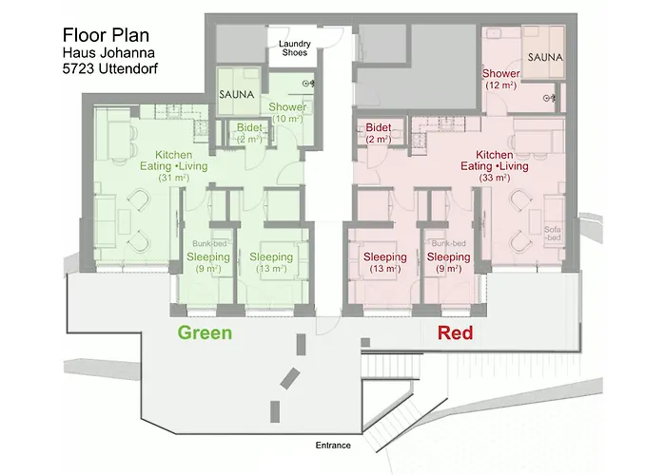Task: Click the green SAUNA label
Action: (234, 95)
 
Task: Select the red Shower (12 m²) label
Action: (500, 79)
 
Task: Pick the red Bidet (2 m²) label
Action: (378, 133)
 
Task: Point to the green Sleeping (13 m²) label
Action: (271, 262)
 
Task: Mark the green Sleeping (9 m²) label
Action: (208, 262)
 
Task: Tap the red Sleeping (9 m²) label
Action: (448, 262)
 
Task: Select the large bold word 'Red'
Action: (455, 333)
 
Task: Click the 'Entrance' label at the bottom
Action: (333, 445)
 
